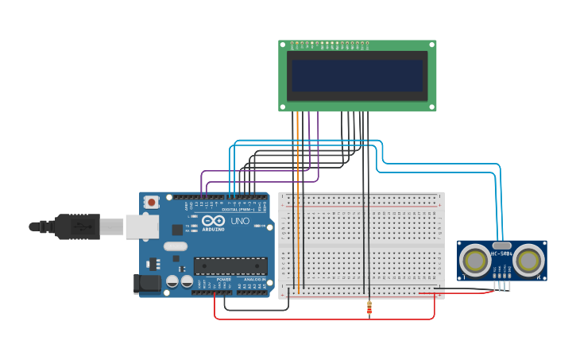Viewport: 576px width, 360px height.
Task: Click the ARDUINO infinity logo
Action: [x=213, y=221]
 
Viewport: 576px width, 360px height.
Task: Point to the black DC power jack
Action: [x=148, y=283]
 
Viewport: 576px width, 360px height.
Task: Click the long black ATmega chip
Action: [x=230, y=266]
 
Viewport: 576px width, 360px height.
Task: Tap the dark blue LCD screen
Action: [x=357, y=75]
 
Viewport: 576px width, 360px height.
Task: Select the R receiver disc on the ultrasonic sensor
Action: [x=528, y=260]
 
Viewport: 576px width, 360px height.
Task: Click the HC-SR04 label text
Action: [x=502, y=254]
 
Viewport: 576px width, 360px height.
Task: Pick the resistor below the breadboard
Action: [x=369, y=308]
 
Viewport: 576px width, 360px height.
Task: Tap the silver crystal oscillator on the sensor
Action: [x=502, y=246]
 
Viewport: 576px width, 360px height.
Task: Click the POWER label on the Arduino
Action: [x=223, y=280]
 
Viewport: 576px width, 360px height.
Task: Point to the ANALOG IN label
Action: [x=254, y=280]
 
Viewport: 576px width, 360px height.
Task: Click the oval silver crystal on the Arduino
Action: [x=176, y=246]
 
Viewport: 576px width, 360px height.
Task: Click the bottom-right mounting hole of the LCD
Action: [x=431, y=106]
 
